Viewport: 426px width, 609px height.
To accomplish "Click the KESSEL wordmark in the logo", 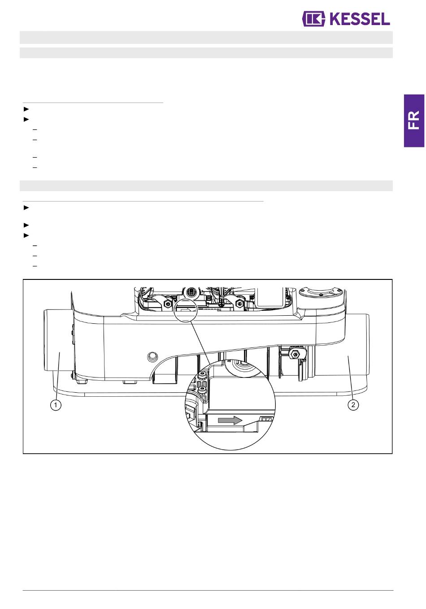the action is [359, 19].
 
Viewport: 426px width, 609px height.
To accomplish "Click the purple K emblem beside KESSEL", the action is [313, 19].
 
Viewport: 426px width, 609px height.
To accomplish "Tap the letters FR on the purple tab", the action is [413, 120].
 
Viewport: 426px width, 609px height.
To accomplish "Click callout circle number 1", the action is [56, 405].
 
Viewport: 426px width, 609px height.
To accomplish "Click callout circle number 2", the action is [353, 405].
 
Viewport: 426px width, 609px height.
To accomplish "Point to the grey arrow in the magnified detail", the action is [230, 420].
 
